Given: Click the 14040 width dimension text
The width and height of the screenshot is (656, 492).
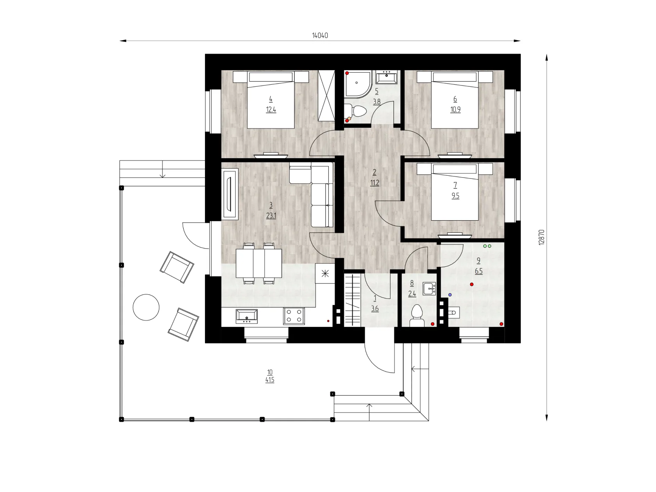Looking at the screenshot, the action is click(320, 36).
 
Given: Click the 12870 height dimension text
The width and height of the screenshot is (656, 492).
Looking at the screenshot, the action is click(541, 237).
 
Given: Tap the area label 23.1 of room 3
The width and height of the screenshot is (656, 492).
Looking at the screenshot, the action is click(271, 216).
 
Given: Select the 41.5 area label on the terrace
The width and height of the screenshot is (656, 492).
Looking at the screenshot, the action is click(269, 380).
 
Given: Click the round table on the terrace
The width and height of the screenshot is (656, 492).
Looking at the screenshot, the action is click(146, 307).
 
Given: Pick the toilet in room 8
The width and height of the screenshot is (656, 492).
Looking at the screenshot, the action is click(417, 316).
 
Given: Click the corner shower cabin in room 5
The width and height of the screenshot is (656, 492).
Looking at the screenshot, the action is click(357, 84).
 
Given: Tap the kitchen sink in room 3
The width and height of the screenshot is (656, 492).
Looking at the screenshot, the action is click(246, 316).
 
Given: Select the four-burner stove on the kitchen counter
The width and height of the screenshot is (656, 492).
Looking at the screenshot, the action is click(294, 316).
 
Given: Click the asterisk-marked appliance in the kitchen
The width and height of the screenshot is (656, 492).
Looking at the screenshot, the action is click(325, 273).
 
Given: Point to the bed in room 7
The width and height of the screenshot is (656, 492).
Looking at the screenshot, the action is click(455, 191).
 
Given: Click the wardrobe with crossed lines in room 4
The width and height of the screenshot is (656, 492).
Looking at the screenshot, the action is click(326, 96).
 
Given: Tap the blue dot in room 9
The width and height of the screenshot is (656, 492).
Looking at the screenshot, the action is click(450, 295).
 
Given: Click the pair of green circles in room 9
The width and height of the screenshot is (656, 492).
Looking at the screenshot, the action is click(487, 246).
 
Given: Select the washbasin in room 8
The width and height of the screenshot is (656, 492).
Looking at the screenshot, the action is click(429, 289).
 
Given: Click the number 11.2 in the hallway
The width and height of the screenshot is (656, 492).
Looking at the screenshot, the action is click(374, 183).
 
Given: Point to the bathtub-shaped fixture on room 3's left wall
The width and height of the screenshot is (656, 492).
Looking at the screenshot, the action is click(230, 194).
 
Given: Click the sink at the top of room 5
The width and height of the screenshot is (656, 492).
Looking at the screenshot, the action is click(387, 77).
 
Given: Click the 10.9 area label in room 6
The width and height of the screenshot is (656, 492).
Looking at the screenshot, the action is click(455, 110).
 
